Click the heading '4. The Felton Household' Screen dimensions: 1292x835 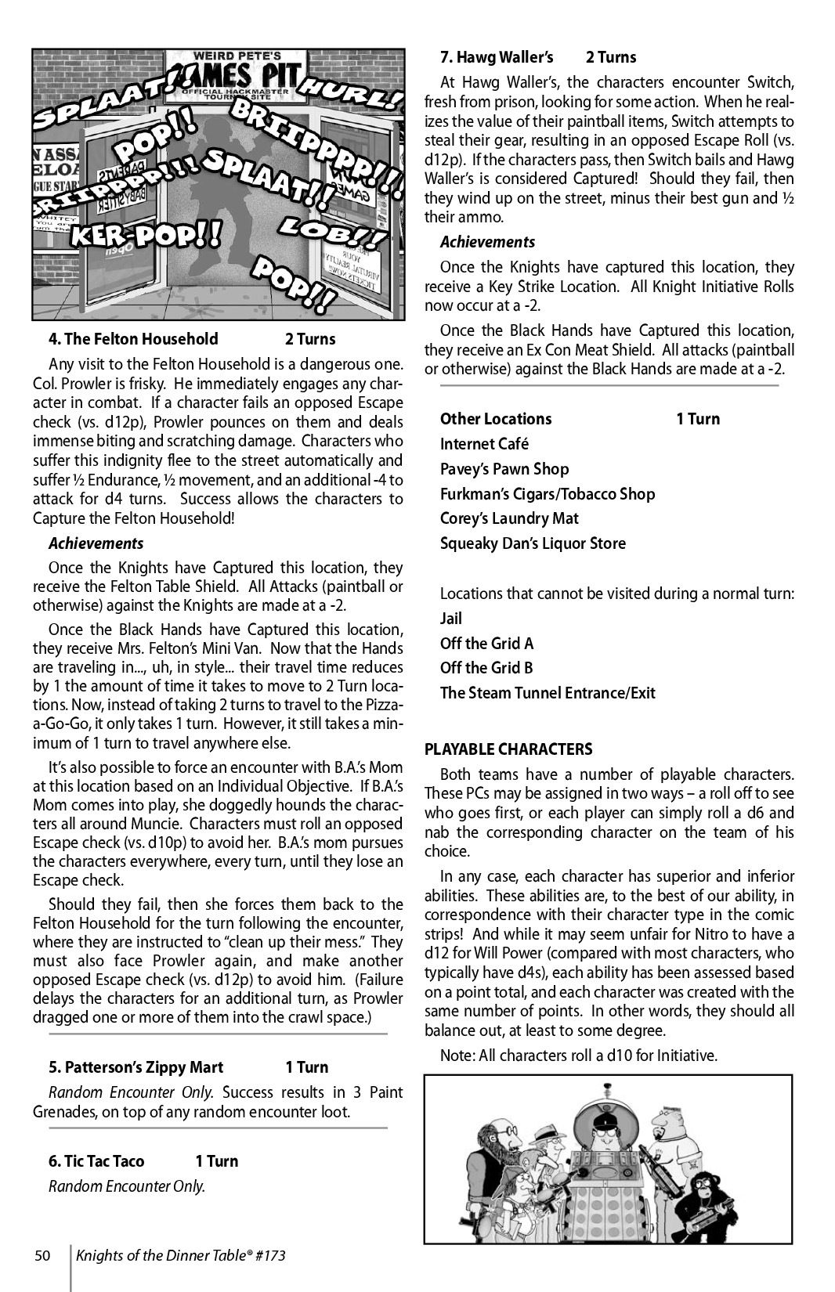(x=133, y=339)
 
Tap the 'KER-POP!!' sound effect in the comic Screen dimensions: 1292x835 (x=145, y=233)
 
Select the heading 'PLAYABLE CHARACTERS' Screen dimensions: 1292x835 (x=508, y=749)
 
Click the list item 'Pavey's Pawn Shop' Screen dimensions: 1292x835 (x=504, y=469)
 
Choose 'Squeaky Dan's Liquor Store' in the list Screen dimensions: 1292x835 (x=533, y=543)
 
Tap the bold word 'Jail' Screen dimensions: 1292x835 (x=451, y=619)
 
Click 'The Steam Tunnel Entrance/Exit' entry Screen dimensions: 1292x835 (x=548, y=693)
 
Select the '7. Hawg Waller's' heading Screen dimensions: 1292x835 (x=497, y=57)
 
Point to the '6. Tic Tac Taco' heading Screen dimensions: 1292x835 (x=96, y=1161)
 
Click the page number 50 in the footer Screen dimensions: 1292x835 (x=42, y=1256)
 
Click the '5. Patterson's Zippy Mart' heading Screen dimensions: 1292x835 (x=136, y=1067)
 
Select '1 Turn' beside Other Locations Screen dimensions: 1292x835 (x=698, y=419)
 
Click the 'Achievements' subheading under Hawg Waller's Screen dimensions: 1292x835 (x=487, y=242)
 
